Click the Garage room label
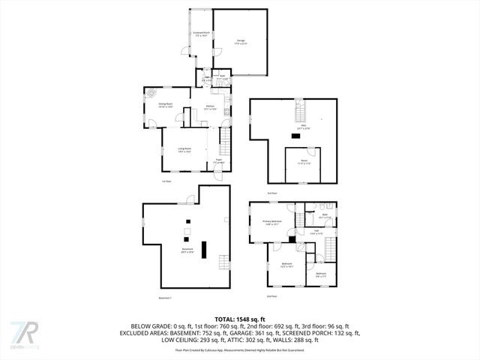[241, 41]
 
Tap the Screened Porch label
[201, 34]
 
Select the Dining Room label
[166, 105]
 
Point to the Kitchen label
[211, 107]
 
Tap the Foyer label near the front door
[219, 160]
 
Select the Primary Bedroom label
[271, 222]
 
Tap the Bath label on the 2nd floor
[325, 217]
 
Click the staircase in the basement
[223, 262]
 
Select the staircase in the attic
[300, 113]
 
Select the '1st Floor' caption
[166, 181]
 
